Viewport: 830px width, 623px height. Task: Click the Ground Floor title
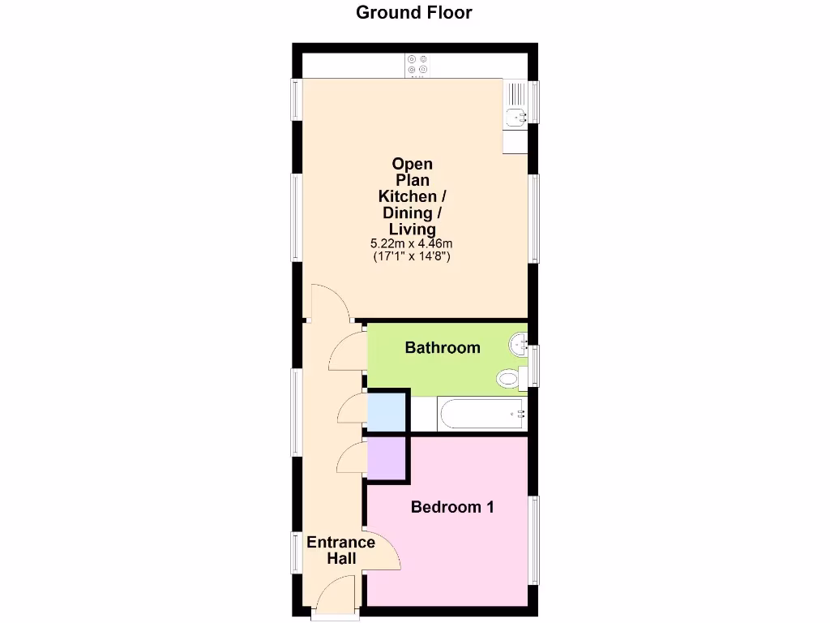(x=414, y=12)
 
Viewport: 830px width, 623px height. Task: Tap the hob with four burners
(x=418, y=66)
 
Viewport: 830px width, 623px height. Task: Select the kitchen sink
(x=516, y=115)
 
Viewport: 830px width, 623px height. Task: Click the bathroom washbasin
(x=519, y=344)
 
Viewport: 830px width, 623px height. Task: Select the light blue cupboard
(x=386, y=412)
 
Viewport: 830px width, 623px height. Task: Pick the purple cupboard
(x=386, y=458)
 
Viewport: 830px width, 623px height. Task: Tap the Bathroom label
(x=443, y=348)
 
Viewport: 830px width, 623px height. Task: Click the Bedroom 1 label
(x=452, y=508)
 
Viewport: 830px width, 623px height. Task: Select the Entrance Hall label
(x=340, y=551)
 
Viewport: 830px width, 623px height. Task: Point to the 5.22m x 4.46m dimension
(x=412, y=243)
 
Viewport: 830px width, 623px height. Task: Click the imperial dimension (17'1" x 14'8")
(x=412, y=256)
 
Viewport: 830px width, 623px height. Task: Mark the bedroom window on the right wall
(x=534, y=539)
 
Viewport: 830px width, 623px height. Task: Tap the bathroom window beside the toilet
(x=534, y=364)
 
